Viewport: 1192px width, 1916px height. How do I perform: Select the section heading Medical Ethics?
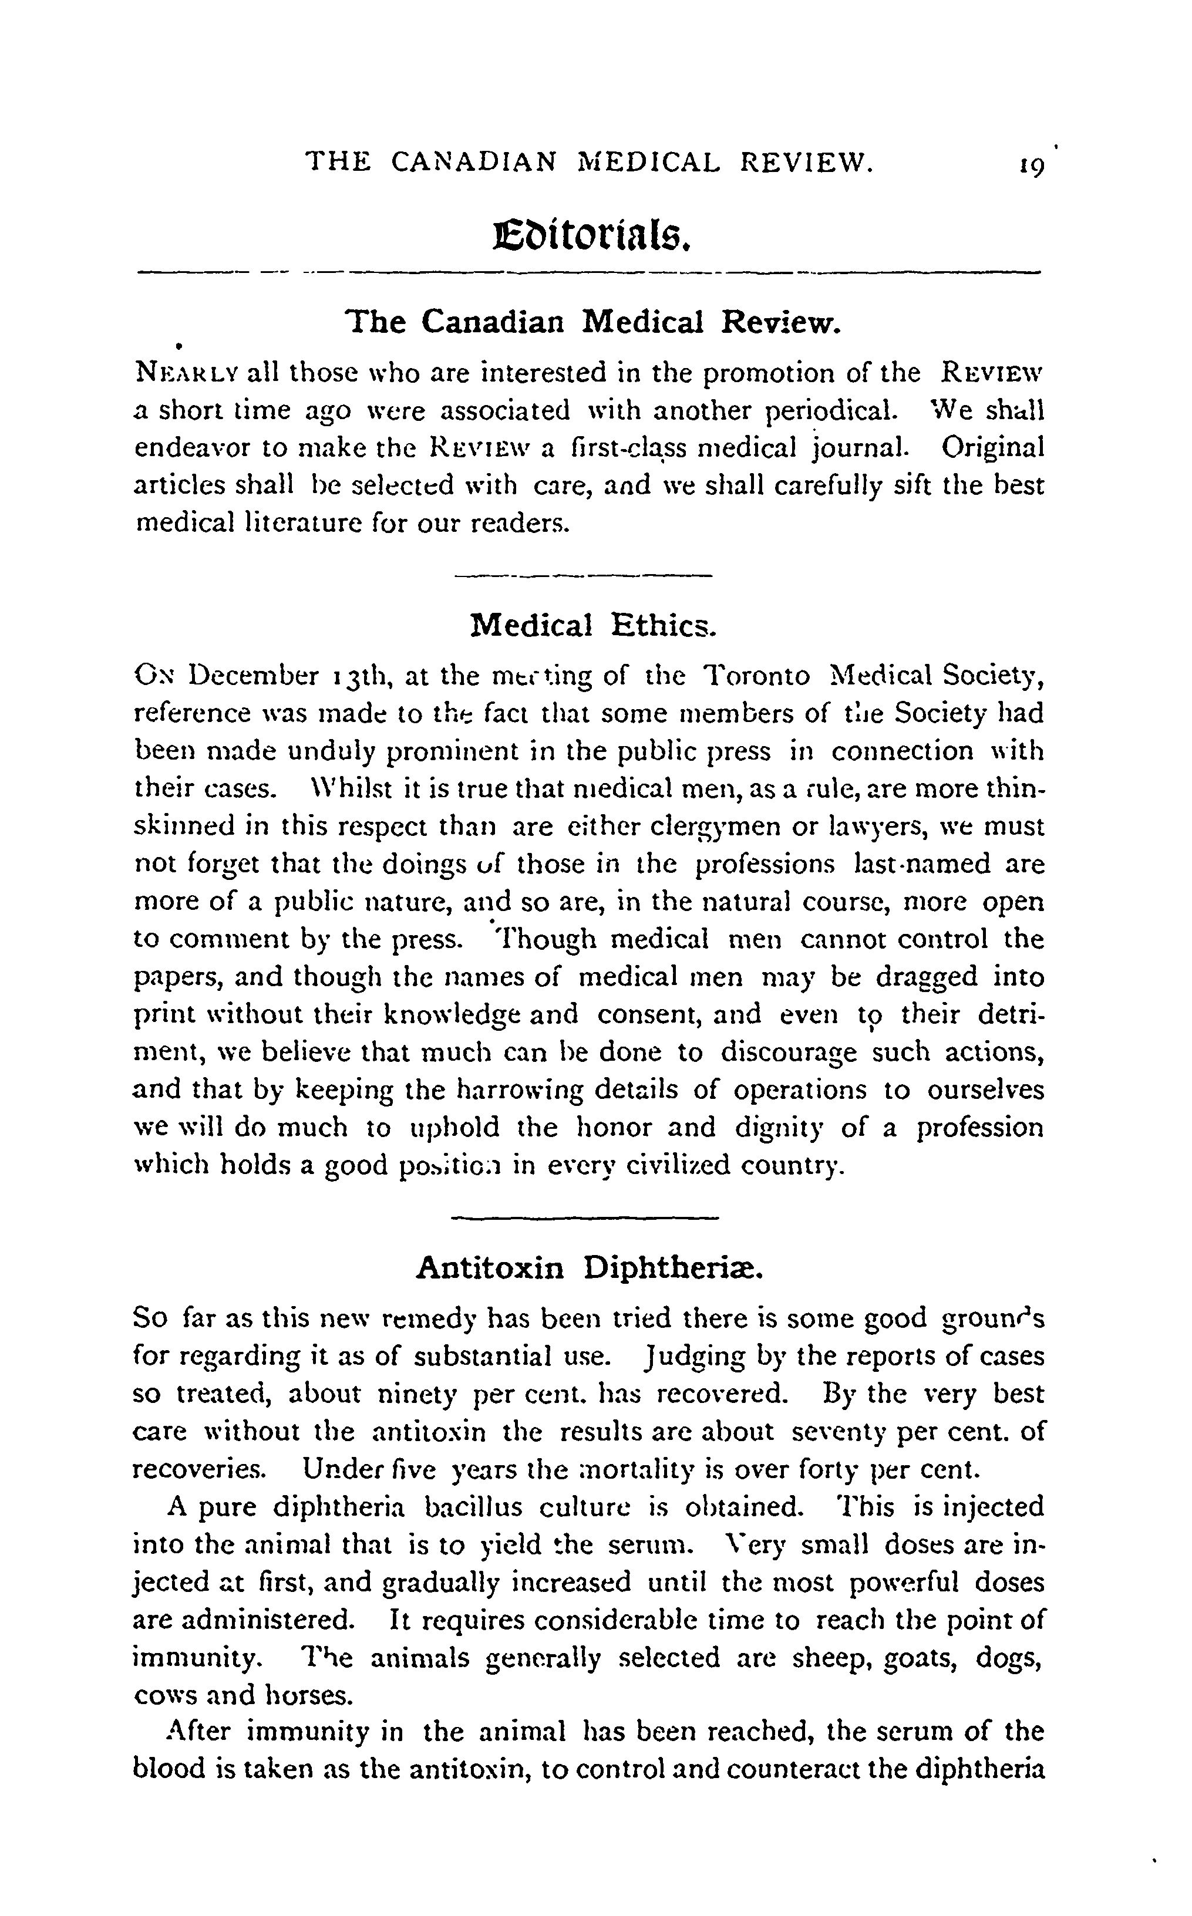click(593, 626)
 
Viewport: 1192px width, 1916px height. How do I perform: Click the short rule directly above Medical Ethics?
click(584, 576)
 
